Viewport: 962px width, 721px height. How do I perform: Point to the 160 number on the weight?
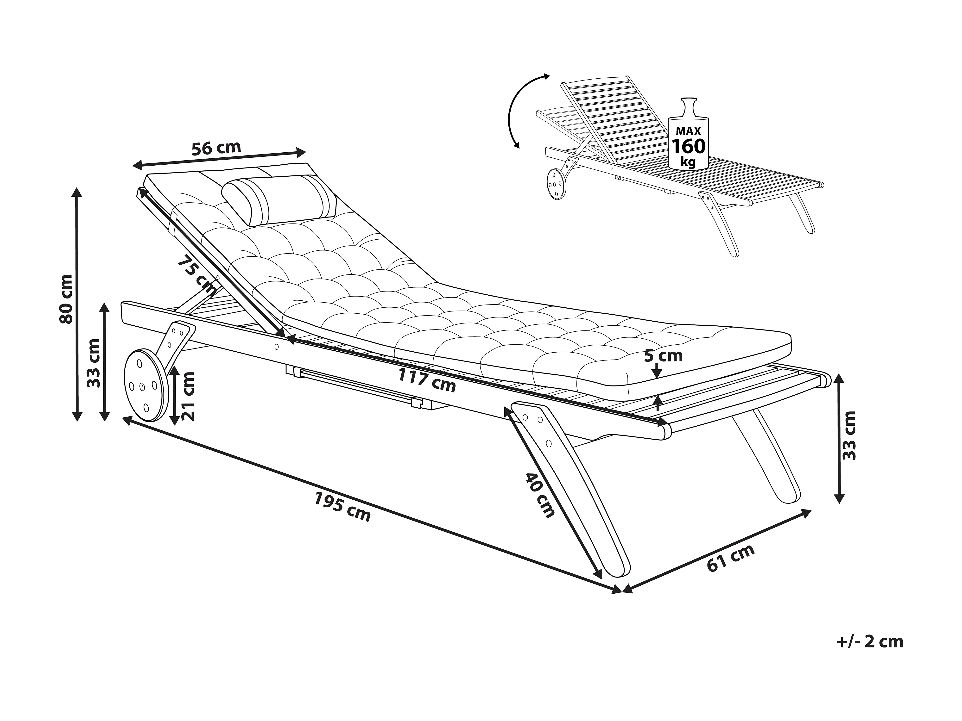click(689, 146)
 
